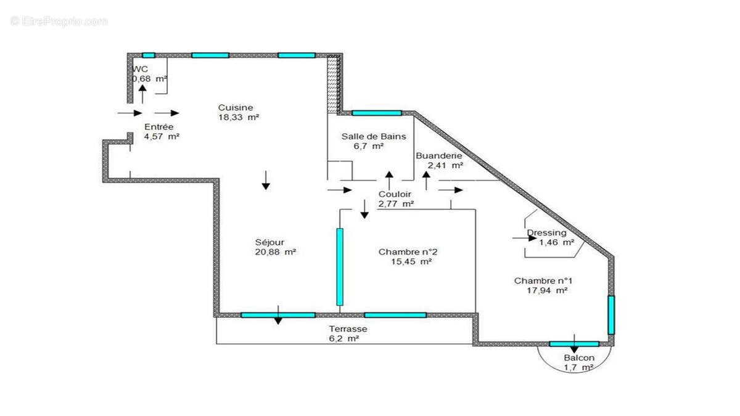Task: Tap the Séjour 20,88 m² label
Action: point(269,247)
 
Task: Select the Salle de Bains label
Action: point(374,141)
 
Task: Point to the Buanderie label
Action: point(439,160)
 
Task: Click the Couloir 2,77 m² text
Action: point(395,198)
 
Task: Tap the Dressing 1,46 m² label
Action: point(550,238)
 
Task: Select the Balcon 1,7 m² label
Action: point(579,362)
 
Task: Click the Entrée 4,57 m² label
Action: point(156,131)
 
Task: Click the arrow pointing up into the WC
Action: point(142,94)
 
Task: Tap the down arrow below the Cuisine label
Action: point(266,179)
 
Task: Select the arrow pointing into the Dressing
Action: point(524,237)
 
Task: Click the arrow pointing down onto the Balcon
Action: point(574,344)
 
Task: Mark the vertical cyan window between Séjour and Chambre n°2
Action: point(340,266)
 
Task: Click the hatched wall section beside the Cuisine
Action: point(333,83)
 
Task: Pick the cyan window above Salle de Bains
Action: point(376,113)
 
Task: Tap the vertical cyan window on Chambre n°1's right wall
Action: point(611,315)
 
